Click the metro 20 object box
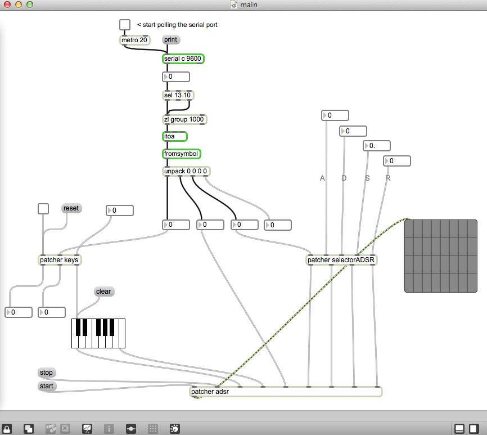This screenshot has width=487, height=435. tap(135, 40)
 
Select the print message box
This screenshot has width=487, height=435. tap(171, 40)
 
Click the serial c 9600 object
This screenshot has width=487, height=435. tap(183, 59)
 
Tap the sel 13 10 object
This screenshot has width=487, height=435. tap(178, 95)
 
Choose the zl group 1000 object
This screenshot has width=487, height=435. tap(184, 119)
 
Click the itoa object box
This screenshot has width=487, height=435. tap(175, 136)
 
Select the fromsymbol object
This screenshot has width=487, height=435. tap(182, 154)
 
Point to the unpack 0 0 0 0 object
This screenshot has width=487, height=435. tap(186, 171)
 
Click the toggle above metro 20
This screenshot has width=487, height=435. tap(125, 25)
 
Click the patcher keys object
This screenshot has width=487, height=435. tap(59, 260)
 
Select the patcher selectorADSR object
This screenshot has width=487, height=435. tap(341, 260)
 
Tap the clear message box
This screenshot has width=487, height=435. tap(103, 292)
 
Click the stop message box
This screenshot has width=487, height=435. tap(47, 372)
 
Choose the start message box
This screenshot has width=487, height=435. tap(47, 386)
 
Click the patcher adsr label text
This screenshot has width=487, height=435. tap(210, 392)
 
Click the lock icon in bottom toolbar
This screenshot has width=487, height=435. tap(7, 429)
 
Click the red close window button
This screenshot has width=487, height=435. tap(7, 5)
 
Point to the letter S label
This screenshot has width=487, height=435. tap(367, 178)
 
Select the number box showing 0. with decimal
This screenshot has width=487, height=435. tap(377, 146)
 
